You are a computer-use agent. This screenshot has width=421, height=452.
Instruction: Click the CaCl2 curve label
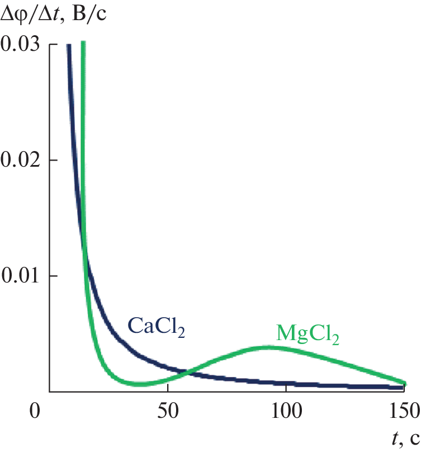157,326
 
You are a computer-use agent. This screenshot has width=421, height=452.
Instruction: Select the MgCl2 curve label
308,335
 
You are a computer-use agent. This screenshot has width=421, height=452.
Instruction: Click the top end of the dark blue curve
68,45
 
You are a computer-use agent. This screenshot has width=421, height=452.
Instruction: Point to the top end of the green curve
83,43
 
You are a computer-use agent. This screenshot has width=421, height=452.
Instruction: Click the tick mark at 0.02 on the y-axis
53,160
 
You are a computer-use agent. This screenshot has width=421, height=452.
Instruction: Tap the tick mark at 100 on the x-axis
285,389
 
